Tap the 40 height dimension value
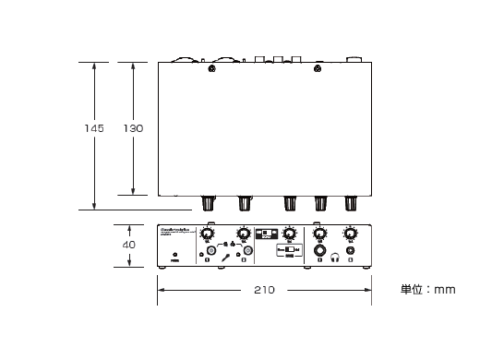coord(129,245)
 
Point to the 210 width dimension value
coord(264,290)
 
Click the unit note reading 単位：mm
coord(427,290)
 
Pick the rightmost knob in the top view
coord(352,202)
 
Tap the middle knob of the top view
coord(290,202)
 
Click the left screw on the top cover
coord(212,68)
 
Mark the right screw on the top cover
coord(318,68)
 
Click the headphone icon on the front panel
coord(337,261)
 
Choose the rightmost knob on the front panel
coord(349,234)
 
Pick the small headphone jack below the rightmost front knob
coord(351,250)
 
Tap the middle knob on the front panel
coord(290,233)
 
